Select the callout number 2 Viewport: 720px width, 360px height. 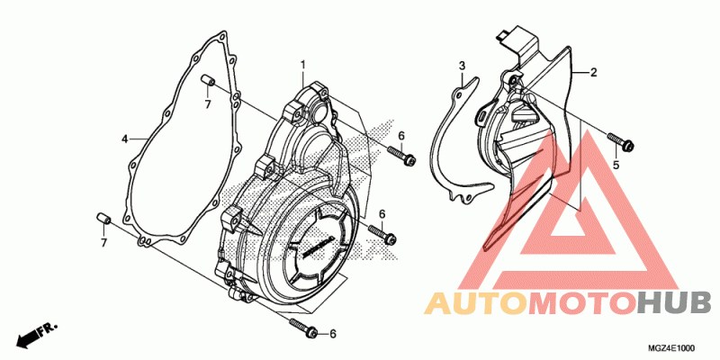tap(593, 73)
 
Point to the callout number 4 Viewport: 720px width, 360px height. tap(124, 139)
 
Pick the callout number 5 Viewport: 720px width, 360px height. tap(616, 165)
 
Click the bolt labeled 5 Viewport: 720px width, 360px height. tap(621, 141)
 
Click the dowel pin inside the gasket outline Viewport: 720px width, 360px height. tap(208, 82)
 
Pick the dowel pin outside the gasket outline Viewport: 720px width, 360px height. tap(103, 220)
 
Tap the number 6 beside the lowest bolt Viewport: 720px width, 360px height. tap(333, 334)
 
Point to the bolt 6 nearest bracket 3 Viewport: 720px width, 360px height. tap(401, 155)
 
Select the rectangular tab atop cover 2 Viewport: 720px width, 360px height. tap(505, 35)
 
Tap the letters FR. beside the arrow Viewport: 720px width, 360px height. tap(49, 328)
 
